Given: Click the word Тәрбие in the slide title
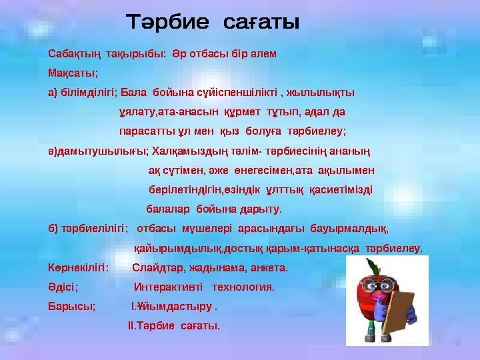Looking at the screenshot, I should click(167, 23).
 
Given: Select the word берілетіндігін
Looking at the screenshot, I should click(181, 189).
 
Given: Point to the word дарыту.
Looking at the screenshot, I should click(259, 208).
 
